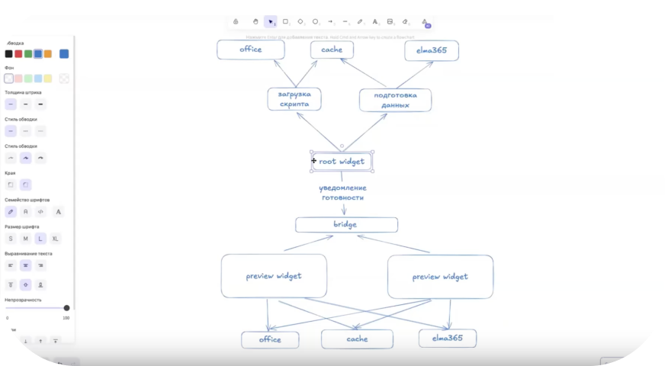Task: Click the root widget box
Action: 342,162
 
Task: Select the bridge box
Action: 346,225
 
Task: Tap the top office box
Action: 251,50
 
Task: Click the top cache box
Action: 332,50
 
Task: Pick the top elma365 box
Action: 432,50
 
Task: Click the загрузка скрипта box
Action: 294,99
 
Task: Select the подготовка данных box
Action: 395,100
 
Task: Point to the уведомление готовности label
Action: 342,192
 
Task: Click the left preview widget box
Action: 274,276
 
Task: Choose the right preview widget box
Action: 440,277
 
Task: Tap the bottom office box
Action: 270,339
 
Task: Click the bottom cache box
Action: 357,339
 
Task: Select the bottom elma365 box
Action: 448,339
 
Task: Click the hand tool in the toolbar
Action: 255,21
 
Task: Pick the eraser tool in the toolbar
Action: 406,21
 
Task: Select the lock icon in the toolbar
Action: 236,21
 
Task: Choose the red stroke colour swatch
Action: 18,53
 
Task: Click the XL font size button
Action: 55,239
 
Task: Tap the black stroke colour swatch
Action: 9,53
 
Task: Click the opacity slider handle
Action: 66,308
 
